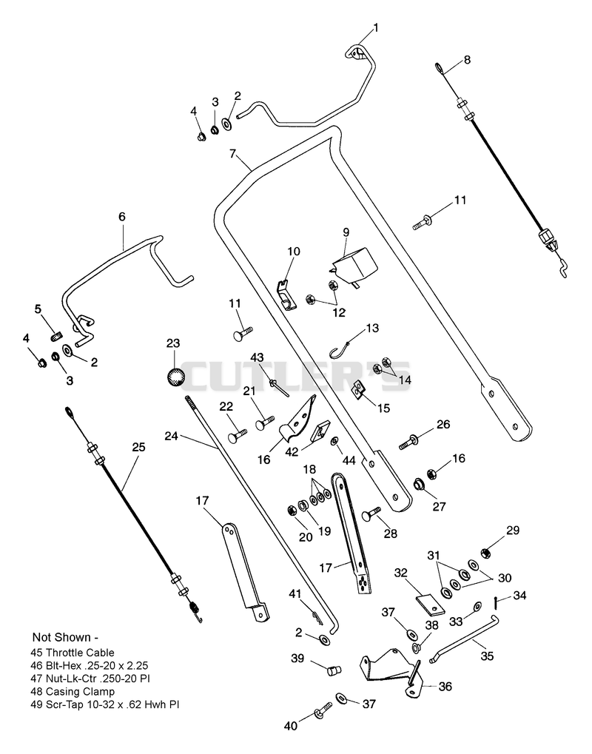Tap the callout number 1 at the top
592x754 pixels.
point(376,28)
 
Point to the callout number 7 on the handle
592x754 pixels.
point(233,154)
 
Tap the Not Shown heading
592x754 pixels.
point(65,637)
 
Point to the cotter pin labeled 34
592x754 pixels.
point(495,602)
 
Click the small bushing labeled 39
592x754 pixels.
point(333,670)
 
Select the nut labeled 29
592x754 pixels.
point(485,553)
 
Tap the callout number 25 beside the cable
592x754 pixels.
point(138,447)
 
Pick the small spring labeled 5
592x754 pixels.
point(57,335)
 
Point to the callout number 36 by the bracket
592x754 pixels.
point(445,687)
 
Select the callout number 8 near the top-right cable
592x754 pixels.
point(467,60)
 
